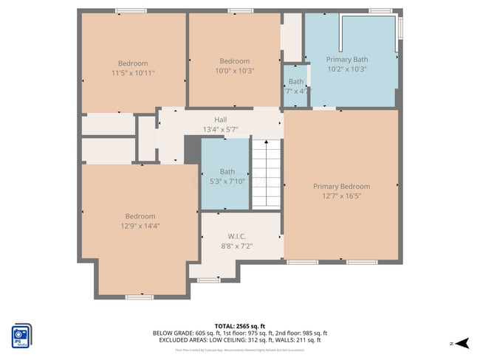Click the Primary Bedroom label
[341, 187]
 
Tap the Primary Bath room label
[347, 60]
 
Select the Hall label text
[221, 120]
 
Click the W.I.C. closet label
[236, 237]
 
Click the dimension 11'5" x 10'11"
[133, 72]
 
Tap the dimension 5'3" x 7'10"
[227, 181]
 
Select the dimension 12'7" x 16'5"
[341, 196]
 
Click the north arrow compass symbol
[462, 342]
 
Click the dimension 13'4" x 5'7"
[221, 129]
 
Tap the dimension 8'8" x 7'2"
[236, 246]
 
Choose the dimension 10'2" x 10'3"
[347, 69]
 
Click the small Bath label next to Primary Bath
[296, 82]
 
